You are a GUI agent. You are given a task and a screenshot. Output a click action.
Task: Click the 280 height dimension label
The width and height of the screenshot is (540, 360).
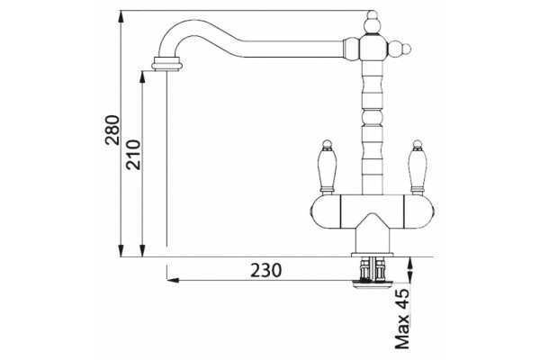112,130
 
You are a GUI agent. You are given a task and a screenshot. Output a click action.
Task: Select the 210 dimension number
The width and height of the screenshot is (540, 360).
133,155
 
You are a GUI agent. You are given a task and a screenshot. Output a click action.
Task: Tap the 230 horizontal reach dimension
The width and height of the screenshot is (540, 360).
265,270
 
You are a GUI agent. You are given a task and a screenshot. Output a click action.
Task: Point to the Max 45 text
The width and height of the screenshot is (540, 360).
402,319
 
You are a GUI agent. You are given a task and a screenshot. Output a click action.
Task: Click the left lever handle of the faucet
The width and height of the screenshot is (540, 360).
327,167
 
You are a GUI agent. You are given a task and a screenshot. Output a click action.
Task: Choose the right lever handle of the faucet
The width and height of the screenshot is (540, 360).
417,167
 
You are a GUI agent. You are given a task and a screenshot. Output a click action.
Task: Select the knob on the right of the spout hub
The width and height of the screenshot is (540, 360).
400,49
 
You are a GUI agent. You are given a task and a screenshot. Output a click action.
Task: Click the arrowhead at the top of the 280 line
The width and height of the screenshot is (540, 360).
121,16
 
